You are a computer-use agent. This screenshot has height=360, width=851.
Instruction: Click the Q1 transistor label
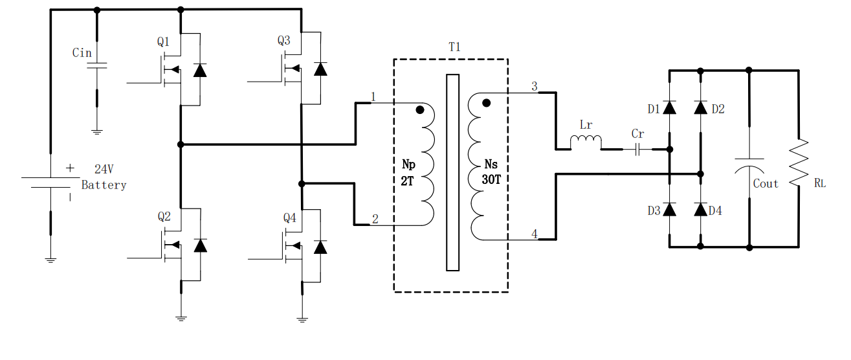(x=163, y=41)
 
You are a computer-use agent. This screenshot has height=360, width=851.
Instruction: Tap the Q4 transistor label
(x=289, y=218)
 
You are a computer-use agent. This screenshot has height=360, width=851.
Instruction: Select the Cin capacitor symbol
(x=97, y=66)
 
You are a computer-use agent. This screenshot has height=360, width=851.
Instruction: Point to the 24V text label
(x=104, y=169)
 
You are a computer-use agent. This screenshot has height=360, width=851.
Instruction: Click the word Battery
(x=104, y=185)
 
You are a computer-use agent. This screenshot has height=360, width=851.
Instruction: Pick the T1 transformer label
(x=454, y=47)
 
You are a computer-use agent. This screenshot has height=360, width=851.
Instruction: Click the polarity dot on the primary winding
(x=420, y=110)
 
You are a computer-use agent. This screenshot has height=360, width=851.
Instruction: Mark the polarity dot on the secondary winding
(x=486, y=103)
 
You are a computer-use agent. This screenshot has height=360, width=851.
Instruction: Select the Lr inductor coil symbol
(x=586, y=142)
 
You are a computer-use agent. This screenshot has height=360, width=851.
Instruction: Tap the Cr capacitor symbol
(x=638, y=150)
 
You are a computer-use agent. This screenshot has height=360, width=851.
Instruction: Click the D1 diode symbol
(x=669, y=107)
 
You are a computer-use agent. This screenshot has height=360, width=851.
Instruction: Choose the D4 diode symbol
(x=701, y=210)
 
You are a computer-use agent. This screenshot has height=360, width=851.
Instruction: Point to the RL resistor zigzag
(x=799, y=163)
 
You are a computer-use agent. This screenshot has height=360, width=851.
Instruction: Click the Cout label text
(x=766, y=184)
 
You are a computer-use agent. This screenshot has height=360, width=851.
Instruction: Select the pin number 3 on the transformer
(x=535, y=87)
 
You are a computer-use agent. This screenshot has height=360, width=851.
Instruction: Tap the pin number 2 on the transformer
(x=375, y=219)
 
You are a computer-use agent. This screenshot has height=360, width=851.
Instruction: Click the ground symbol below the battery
(x=50, y=260)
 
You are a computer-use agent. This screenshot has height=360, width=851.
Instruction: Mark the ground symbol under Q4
(x=302, y=320)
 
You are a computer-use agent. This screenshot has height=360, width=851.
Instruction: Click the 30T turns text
(x=491, y=179)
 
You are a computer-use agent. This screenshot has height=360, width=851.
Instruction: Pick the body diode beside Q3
(x=320, y=69)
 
